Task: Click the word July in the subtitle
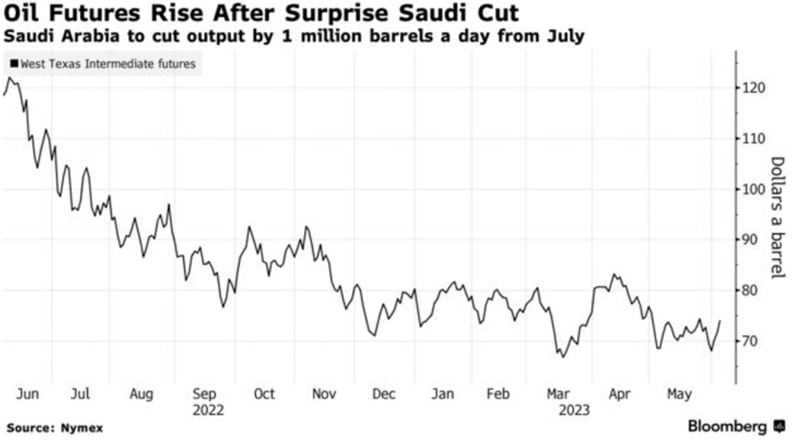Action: (x=564, y=36)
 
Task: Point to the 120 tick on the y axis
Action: (x=754, y=88)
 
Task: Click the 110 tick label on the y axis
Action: (x=754, y=139)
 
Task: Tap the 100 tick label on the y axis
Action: (x=754, y=189)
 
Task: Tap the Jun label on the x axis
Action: (x=27, y=394)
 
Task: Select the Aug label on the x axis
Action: (x=141, y=394)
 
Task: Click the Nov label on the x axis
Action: (x=323, y=394)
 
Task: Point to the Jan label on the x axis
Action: (x=442, y=394)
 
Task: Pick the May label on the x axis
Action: (x=678, y=394)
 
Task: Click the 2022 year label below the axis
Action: (x=208, y=409)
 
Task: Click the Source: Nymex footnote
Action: (x=54, y=428)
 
